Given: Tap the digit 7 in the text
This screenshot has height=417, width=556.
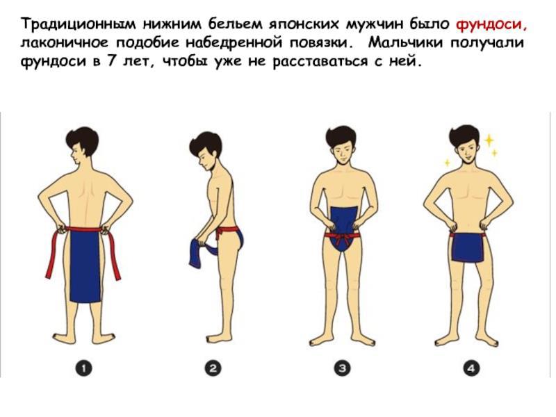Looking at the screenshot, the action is pyautogui.click(x=110, y=61).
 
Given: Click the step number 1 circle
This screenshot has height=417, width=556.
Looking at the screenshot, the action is pyautogui.click(x=83, y=368).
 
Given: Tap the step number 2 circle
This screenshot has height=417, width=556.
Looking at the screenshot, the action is pyautogui.click(x=213, y=368).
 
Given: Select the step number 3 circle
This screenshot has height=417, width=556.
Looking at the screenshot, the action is pyautogui.click(x=342, y=368).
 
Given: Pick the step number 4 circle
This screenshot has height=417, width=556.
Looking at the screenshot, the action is pyautogui.click(x=471, y=368).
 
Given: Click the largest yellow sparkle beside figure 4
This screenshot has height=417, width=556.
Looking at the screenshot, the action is pyautogui.click(x=489, y=140).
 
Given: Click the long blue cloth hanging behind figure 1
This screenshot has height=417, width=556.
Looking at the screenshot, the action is pyautogui.click(x=85, y=266).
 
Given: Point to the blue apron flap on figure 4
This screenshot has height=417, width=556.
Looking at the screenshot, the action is pyautogui.click(x=468, y=247).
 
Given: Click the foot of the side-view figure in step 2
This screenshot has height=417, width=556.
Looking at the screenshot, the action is pyautogui.click(x=217, y=338).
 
